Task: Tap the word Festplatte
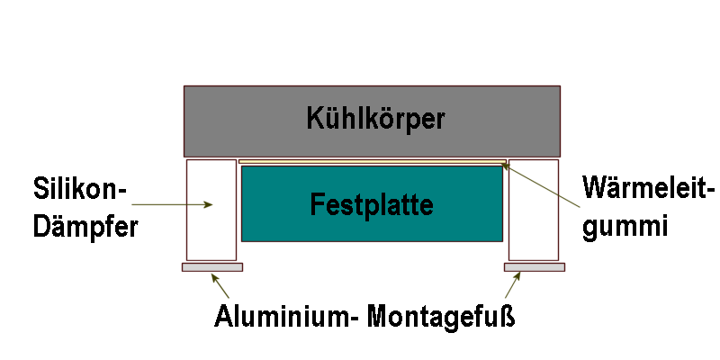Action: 372,204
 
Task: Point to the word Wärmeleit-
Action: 647,191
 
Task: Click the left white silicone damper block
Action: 211,210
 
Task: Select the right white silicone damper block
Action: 535,210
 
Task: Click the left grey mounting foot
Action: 211,267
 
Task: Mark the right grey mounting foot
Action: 534,267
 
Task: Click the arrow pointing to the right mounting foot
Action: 513,286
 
